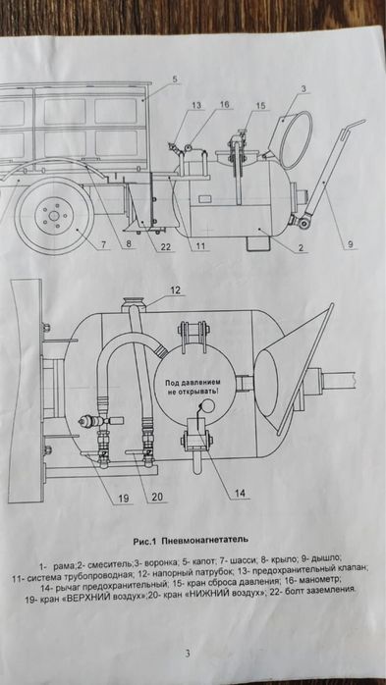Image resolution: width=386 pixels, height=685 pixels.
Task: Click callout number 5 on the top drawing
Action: pyautogui.click(x=173, y=78)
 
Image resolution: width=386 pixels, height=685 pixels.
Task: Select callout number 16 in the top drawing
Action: pyautogui.click(x=224, y=103)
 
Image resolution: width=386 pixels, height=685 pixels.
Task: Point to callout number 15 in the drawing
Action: pyautogui.click(x=260, y=104)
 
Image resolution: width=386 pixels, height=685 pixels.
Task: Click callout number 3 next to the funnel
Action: pyautogui.click(x=304, y=89)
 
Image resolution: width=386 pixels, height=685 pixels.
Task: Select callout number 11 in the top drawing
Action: pyautogui.click(x=199, y=243)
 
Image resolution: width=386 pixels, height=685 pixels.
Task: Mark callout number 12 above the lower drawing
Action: pyautogui.click(x=177, y=290)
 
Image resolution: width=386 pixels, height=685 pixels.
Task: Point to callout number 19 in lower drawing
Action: pyautogui.click(x=125, y=499)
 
